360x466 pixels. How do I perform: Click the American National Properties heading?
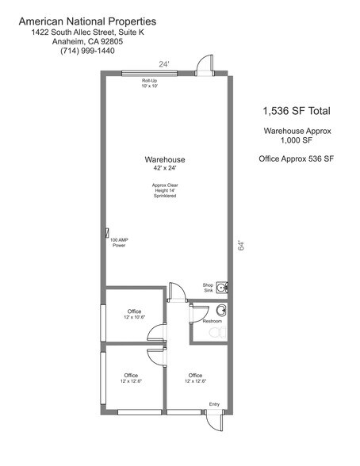(87, 21)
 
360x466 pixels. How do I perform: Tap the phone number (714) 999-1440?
(87, 51)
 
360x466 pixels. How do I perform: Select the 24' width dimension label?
(164, 64)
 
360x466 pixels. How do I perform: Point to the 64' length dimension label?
(241, 245)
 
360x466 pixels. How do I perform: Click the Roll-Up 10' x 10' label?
(150, 83)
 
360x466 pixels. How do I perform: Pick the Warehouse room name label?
(165, 159)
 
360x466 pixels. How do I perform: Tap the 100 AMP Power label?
(119, 243)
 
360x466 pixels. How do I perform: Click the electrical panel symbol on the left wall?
(107, 233)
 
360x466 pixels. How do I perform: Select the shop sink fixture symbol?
(222, 288)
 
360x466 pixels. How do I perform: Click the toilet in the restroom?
(217, 332)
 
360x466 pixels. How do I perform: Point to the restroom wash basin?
(221, 311)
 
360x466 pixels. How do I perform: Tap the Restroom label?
(213, 321)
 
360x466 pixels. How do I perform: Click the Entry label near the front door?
(214, 404)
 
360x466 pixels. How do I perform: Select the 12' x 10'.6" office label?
(134, 317)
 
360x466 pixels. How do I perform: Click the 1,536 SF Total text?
(297, 111)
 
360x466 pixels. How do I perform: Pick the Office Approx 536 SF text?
(296, 159)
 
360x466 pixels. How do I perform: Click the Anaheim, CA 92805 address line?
(87, 41)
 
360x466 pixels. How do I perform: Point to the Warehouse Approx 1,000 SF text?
(297, 136)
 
